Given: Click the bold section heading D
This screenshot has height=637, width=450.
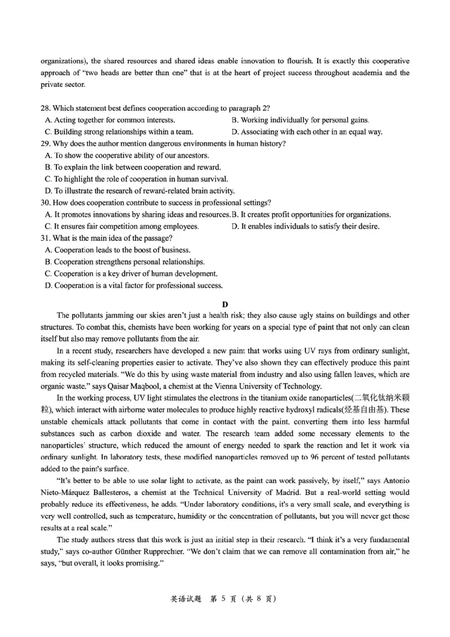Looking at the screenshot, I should pyautogui.click(x=225, y=303).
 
